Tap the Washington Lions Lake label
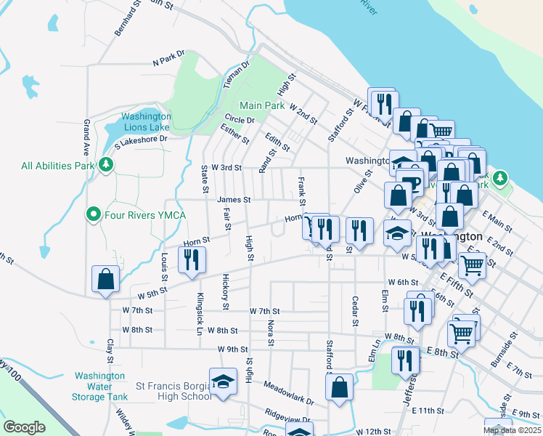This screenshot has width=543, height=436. [x=146, y=121]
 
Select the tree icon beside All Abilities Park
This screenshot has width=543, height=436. [x=107, y=165]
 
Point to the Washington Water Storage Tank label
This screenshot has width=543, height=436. [x=99, y=387]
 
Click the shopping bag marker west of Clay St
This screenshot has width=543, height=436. [x=105, y=278]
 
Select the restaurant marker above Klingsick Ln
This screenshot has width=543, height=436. [x=192, y=259]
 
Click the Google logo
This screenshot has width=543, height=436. [x=24, y=427]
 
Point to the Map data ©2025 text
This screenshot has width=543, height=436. [x=512, y=430]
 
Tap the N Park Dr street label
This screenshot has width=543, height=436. [x=168, y=57]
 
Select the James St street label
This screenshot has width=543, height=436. [x=233, y=200]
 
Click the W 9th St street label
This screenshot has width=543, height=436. [x=233, y=349]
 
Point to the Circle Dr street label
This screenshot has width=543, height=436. [x=240, y=120]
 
